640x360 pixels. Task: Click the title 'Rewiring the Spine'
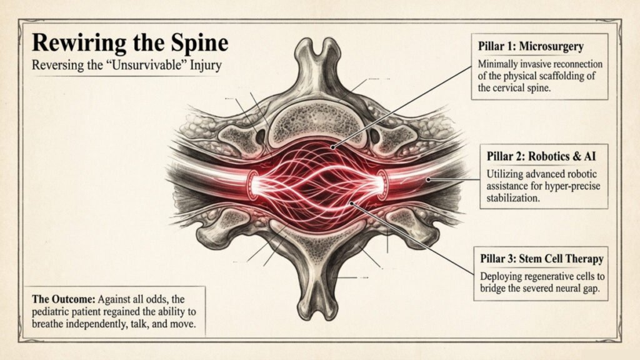(x=130, y=44)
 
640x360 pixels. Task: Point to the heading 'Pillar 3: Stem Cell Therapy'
(x=541, y=258)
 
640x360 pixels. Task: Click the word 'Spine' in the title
(x=201, y=44)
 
